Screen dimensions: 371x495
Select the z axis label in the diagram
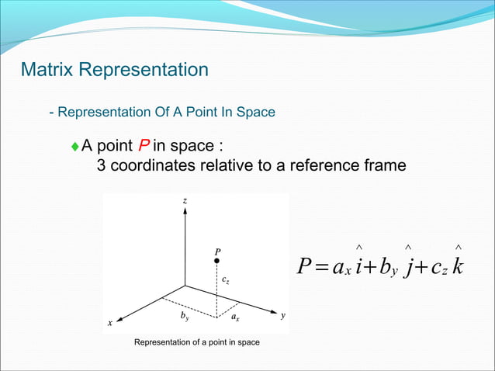click(185, 201)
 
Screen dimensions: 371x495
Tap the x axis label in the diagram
click(110, 322)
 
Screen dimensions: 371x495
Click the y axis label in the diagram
click(283, 316)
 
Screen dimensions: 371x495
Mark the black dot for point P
click(217, 262)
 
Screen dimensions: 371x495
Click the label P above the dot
click(218, 251)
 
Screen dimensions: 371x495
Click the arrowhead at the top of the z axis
click(185, 213)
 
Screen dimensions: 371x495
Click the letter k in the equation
click(459, 265)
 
